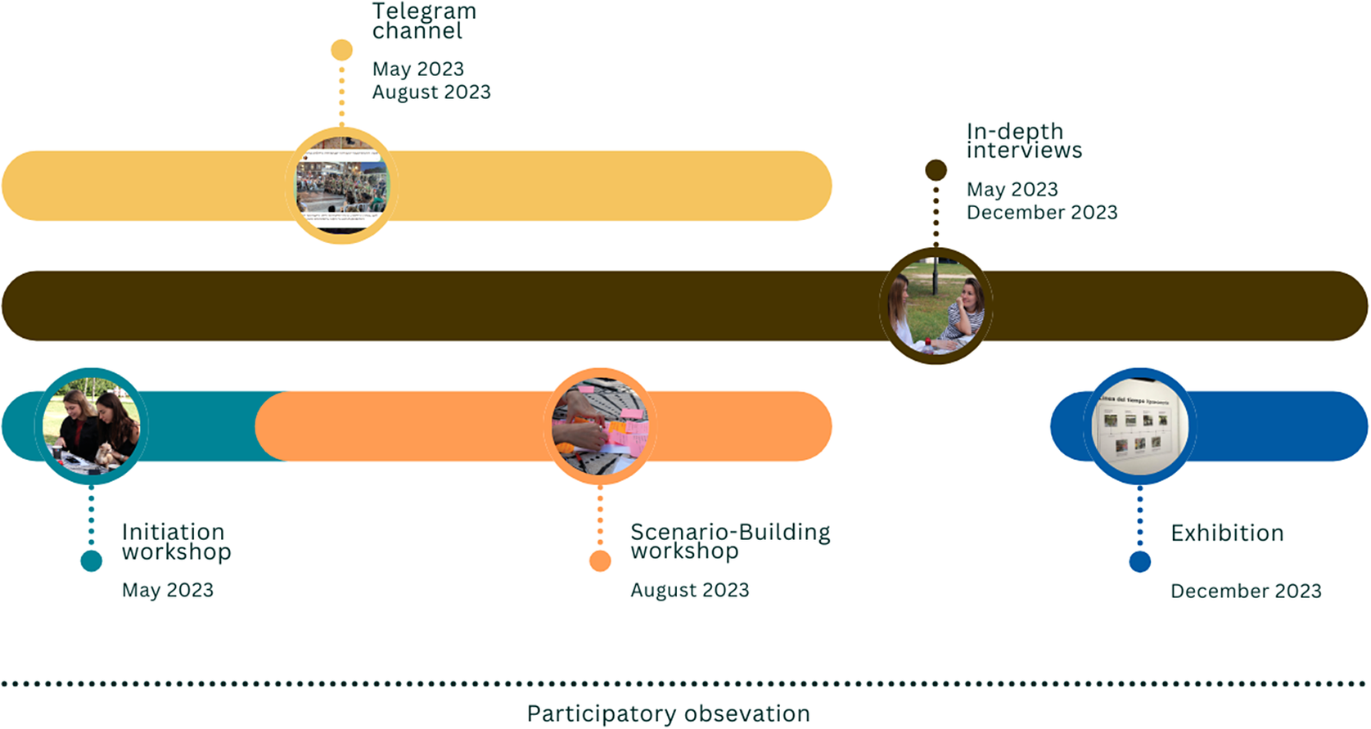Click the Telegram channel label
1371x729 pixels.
(424, 21)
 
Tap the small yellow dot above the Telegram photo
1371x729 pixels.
(342, 50)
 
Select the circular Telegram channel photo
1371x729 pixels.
(342, 186)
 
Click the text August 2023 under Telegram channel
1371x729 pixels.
(431, 92)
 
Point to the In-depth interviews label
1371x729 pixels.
(1024, 141)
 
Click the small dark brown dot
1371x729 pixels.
(936, 170)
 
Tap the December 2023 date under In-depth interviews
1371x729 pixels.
(1042, 213)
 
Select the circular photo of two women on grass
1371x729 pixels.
(936, 306)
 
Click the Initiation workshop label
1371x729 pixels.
(176, 542)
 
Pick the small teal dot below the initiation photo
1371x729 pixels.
(92, 561)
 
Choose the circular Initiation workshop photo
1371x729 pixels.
(92, 426)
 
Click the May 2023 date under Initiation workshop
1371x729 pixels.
(168, 591)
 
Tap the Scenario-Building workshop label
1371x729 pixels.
(730, 542)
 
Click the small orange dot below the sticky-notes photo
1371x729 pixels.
(600, 561)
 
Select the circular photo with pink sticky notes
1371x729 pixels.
(600, 426)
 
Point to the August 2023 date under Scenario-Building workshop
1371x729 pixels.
(690, 591)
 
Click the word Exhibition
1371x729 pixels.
(1227, 533)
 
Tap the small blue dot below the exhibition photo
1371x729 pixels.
(1140, 562)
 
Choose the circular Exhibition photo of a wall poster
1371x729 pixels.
(1140, 426)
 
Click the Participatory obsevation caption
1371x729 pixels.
(668, 714)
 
